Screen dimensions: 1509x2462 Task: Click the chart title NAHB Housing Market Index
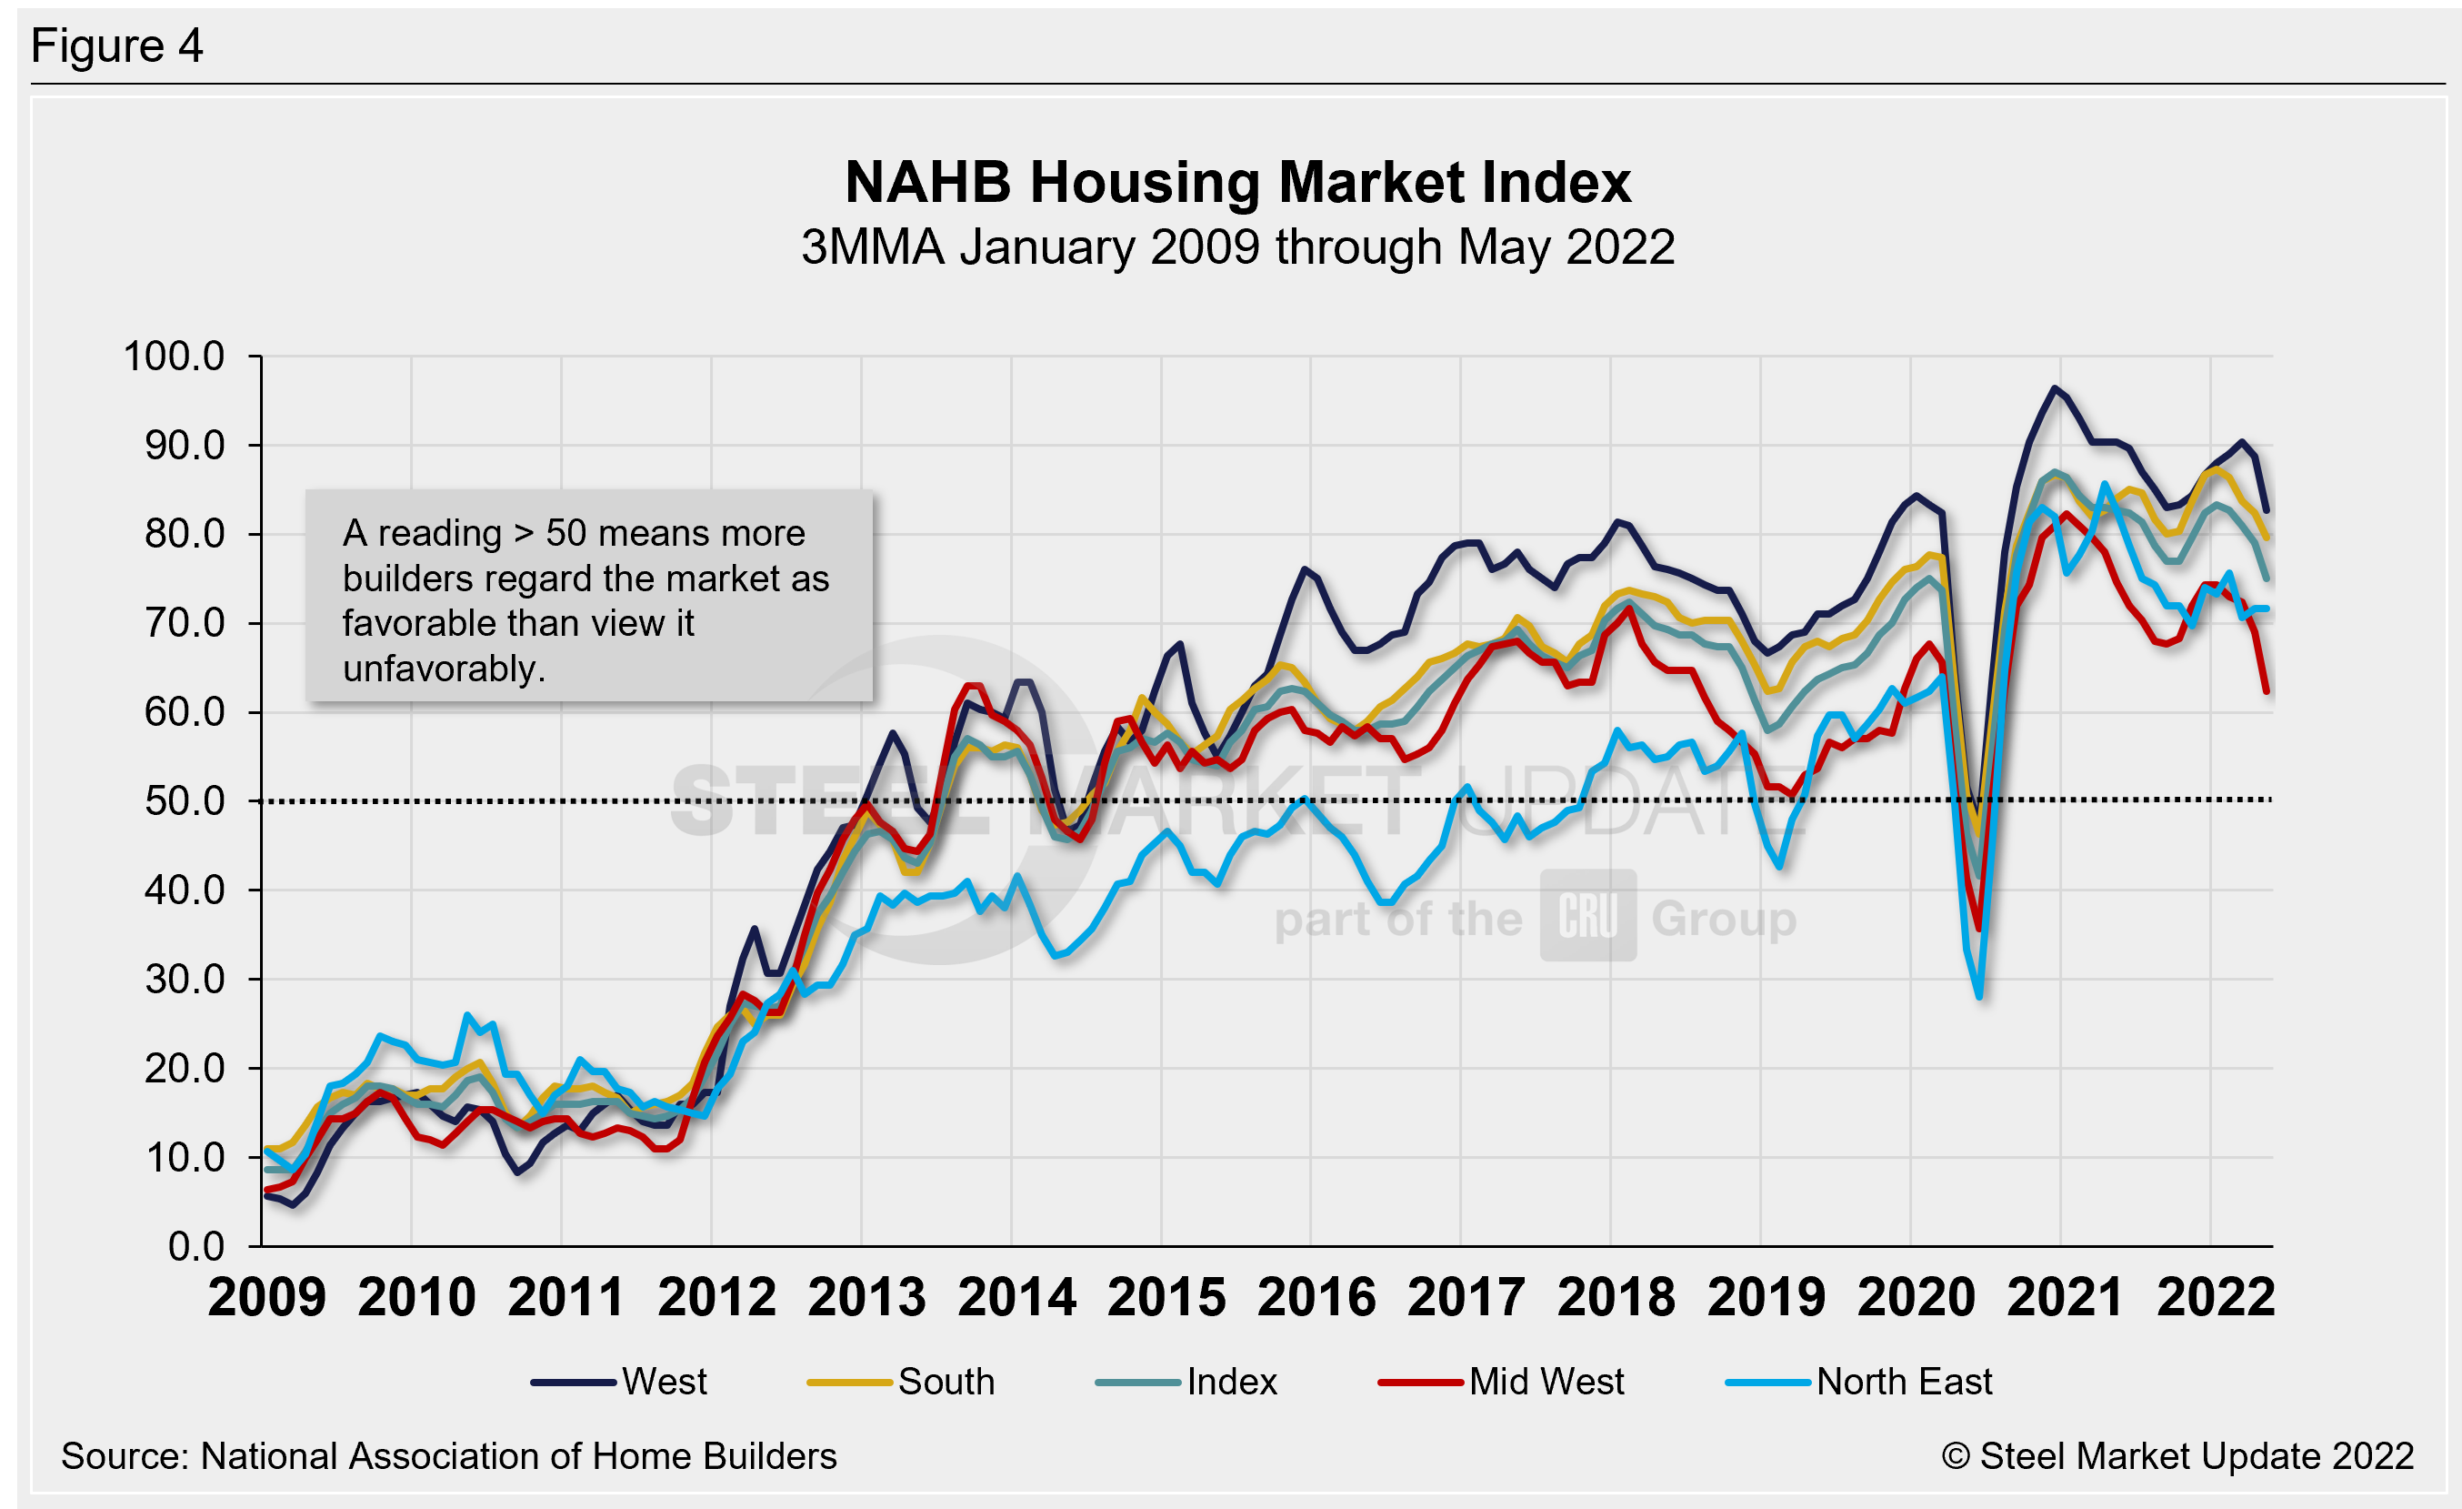(1237, 183)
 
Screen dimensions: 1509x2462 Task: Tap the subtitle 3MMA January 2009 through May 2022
(1237, 246)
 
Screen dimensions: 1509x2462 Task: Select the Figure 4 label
(117, 46)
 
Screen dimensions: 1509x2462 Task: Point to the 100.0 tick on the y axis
(174, 357)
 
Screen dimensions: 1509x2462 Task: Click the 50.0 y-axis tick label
(185, 801)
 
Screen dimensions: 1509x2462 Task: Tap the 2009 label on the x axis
(266, 1297)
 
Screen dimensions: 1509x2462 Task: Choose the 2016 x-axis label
(1316, 1297)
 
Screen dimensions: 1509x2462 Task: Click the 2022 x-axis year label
(2216, 1297)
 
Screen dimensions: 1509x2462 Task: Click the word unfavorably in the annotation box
(443, 669)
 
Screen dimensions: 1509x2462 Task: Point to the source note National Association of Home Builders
(448, 1456)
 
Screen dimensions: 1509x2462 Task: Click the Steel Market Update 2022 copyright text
(2177, 1456)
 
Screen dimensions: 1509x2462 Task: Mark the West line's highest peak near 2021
(2055, 387)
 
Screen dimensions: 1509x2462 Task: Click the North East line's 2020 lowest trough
(1979, 996)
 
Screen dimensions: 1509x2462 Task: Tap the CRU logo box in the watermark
(1587, 915)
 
